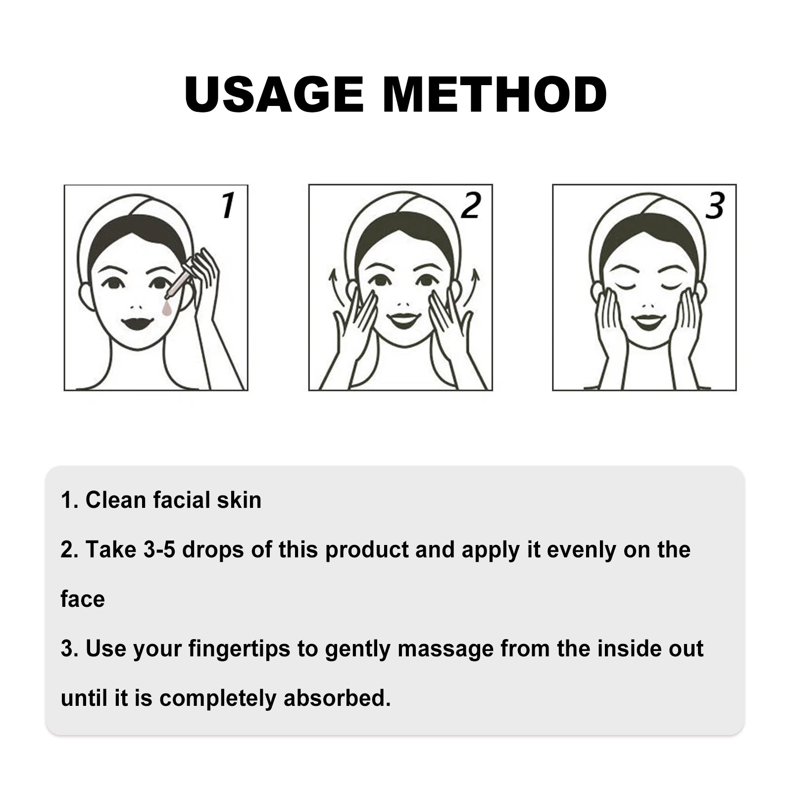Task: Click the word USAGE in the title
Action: point(274,94)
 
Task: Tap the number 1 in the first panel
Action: point(228,205)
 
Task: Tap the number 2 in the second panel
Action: point(471,205)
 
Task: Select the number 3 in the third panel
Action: point(715,205)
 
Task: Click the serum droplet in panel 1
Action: point(167,309)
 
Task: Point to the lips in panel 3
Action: point(648,322)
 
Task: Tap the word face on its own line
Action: point(83,599)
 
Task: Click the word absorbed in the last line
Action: point(337,698)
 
